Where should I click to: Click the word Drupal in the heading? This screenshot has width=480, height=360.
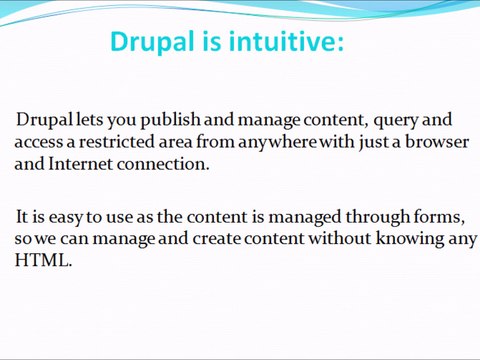[x=152, y=42]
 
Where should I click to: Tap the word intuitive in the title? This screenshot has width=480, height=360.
[x=282, y=41]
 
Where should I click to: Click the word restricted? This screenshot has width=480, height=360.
[x=117, y=142]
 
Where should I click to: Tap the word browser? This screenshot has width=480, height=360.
[x=437, y=142]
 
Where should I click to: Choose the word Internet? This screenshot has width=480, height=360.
[x=80, y=164]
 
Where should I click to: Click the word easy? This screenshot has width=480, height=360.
[x=66, y=218]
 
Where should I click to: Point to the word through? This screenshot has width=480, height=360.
[x=377, y=218]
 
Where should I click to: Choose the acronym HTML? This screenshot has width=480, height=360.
[x=43, y=260]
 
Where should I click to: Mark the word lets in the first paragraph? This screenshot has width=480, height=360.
[x=89, y=120]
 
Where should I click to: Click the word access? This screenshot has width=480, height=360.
[x=39, y=143]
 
